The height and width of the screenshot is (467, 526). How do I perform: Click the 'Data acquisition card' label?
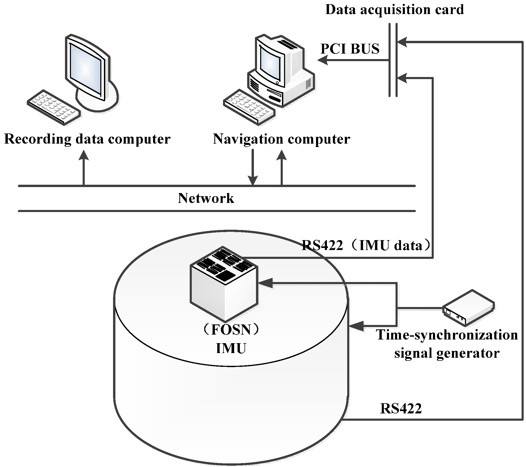(394, 10)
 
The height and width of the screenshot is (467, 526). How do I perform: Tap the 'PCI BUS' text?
(350, 49)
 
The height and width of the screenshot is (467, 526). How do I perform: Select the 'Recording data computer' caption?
(87, 139)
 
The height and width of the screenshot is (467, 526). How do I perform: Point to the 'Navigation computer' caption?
(281, 139)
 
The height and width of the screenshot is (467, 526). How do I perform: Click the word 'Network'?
(206, 198)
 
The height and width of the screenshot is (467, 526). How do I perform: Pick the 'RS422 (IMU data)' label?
(366, 245)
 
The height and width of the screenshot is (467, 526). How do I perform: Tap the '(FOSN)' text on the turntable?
(231, 330)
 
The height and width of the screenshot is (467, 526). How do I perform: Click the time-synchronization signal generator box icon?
(468, 308)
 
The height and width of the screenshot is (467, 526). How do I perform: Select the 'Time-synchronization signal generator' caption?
(447, 344)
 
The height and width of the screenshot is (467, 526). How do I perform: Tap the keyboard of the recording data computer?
(54, 107)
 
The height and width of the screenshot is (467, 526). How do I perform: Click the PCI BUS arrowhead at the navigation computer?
(323, 61)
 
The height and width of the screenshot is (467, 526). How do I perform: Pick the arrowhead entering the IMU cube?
(265, 283)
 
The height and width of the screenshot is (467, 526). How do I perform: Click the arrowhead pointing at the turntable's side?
(356, 326)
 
